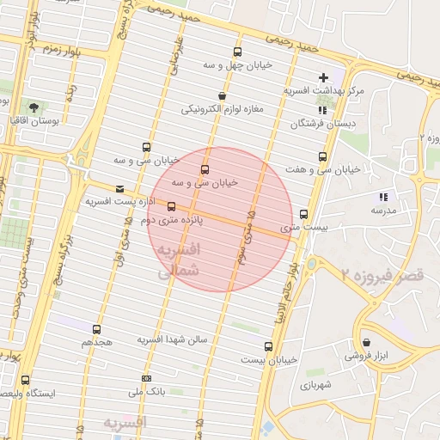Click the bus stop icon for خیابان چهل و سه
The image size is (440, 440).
tap(238, 52)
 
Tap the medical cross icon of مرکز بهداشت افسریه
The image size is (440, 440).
tap(323, 77)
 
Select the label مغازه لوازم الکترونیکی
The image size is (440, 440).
tap(222, 109)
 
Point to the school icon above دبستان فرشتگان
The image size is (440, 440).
tap(322, 111)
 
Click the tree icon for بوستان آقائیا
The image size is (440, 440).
tap(34, 107)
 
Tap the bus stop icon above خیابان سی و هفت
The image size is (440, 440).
tap(322, 156)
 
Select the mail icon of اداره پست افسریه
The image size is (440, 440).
tap(119, 188)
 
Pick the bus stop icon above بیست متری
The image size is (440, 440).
tap(303, 214)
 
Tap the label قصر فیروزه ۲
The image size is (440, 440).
tap(381, 275)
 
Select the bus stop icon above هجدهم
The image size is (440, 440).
tap(95, 329)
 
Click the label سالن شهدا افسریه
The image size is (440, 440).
tap(173, 340)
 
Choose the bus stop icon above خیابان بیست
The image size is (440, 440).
tap(268, 346)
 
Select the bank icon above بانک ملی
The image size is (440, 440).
tap(146, 378)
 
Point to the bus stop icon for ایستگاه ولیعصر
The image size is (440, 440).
tap(25, 380)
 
